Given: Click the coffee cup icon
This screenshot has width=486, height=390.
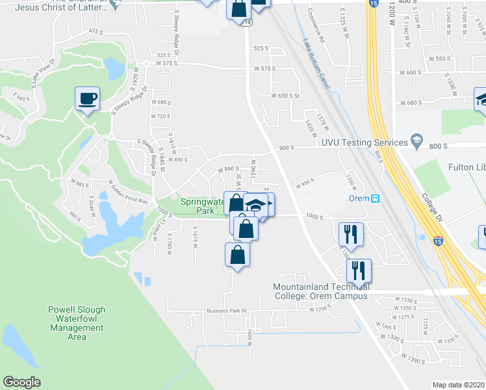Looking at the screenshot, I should (87, 99).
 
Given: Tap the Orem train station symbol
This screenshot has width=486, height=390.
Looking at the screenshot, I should (374, 198).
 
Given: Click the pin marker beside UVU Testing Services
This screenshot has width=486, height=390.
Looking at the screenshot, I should (416, 141).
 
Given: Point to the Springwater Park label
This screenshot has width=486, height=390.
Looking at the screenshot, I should (197, 206).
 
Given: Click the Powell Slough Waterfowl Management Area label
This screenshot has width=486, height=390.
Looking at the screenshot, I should (77, 323).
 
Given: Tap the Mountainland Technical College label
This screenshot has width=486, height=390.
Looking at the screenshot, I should (321, 291).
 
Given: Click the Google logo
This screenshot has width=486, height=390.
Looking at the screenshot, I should (21, 382).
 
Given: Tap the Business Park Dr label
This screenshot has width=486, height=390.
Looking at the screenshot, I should (227, 311).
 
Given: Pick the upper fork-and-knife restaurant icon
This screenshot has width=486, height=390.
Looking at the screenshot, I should (351, 234).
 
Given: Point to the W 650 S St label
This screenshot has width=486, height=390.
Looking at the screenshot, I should (285, 96).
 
